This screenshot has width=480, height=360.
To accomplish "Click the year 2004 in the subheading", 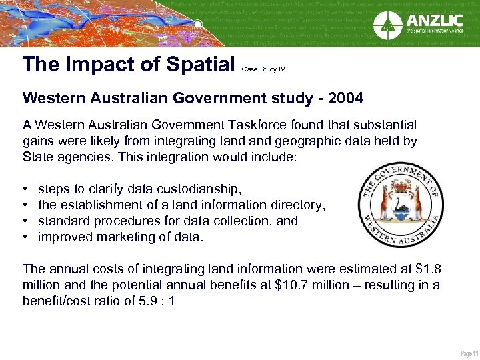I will pos(345,99).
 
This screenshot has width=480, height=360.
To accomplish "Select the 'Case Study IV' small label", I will pos(263,69).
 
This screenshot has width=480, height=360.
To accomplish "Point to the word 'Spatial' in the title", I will pos(198,64).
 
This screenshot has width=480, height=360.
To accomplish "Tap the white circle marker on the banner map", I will pos(197,24).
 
